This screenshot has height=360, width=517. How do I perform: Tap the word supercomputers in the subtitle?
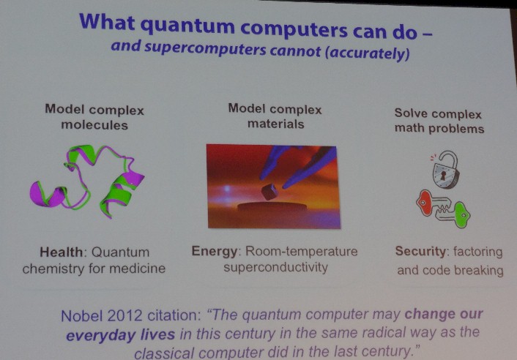(x=205, y=48)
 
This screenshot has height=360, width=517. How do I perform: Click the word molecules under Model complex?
(x=94, y=125)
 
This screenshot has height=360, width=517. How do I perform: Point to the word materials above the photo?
(x=275, y=124)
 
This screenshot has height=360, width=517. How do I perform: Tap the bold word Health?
(x=62, y=252)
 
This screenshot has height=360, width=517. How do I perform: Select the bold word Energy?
(x=215, y=252)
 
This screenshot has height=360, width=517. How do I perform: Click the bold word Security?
(x=421, y=251)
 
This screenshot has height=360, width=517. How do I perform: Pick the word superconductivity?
(x=275, y=267)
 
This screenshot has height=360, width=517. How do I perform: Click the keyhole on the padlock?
(x=443, y=175)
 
